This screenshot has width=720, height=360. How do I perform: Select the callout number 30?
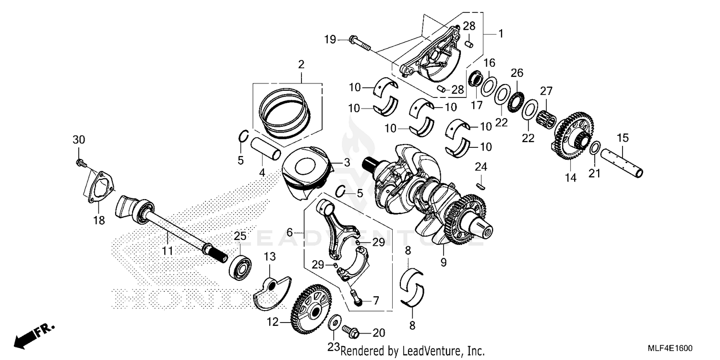[x=78, y=140]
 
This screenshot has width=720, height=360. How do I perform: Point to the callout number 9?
[x=444, y=263]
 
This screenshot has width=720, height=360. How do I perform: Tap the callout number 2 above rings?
[x=301, y=64]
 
